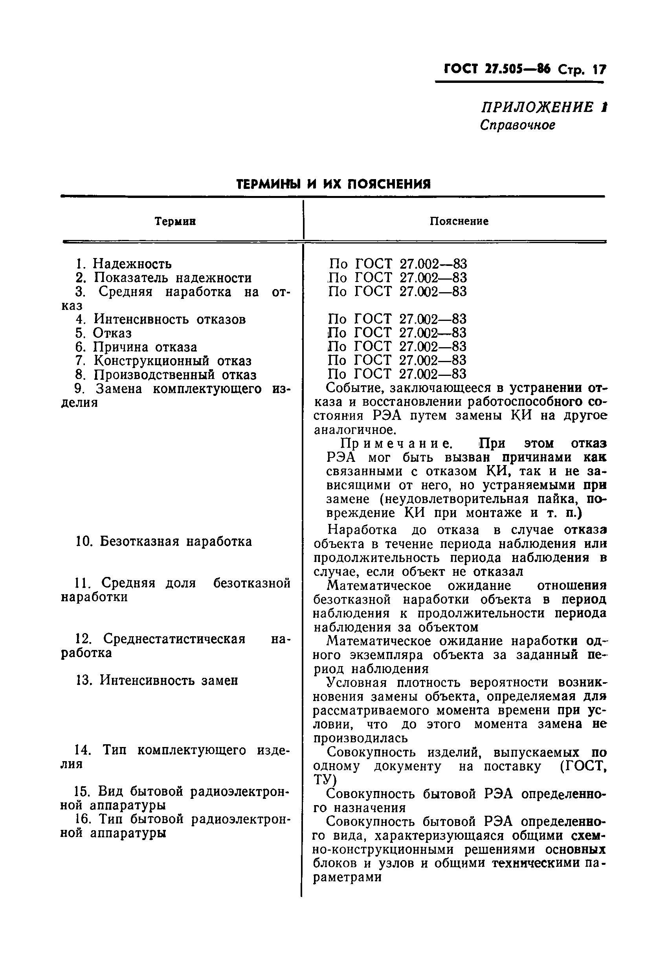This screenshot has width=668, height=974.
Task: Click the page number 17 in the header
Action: tap(599, 70)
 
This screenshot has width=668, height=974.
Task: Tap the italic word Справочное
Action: tap(518, 125)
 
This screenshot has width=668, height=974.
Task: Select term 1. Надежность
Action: tap(124, 264)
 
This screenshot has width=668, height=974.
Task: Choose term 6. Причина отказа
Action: tap(136, 347)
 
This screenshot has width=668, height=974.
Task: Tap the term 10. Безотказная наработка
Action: tap(164, 542)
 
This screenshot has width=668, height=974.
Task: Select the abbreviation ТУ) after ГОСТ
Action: tap(325, 779)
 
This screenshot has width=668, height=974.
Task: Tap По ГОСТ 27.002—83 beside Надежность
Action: tap(398, 264)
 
